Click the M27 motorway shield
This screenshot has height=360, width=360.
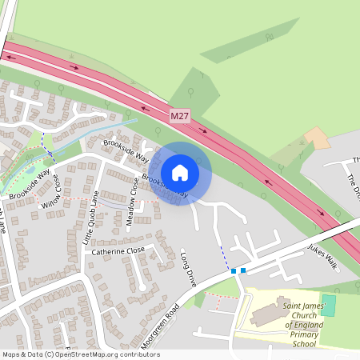point(180,117)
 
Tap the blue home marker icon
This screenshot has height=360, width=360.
point(180,172)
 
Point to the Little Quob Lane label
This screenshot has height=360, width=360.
point(93,205)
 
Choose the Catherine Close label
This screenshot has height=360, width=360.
point(118,250)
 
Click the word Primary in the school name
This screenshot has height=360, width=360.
point(305,335)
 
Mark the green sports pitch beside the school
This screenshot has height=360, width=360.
point(328,304)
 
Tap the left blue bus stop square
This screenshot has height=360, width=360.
point(234,271)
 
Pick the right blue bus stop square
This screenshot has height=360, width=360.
point(243,270)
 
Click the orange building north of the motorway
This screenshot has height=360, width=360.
point(318,138)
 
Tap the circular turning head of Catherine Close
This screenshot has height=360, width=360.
point(142,286)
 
